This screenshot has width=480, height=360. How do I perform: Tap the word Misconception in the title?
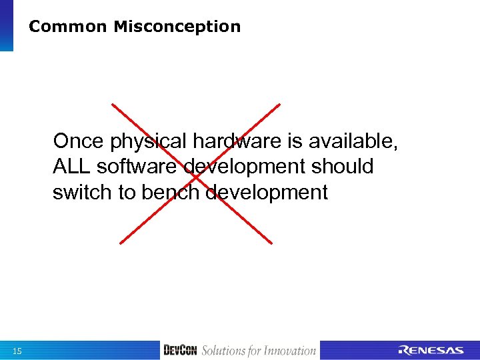[177, 27]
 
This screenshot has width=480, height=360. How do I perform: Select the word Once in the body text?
[79, 141]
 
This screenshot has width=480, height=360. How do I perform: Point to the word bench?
[171, 193]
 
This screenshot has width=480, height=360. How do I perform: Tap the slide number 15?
[17, 351]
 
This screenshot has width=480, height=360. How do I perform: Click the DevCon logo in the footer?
[180, 351]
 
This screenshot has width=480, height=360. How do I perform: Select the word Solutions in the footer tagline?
[225, 351]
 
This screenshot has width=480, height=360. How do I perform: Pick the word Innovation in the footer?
[290, 351]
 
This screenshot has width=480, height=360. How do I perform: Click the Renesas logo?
[431, 351]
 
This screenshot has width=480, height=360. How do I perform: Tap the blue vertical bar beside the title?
[6, 25]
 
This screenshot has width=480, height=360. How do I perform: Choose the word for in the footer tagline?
[256, 351]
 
